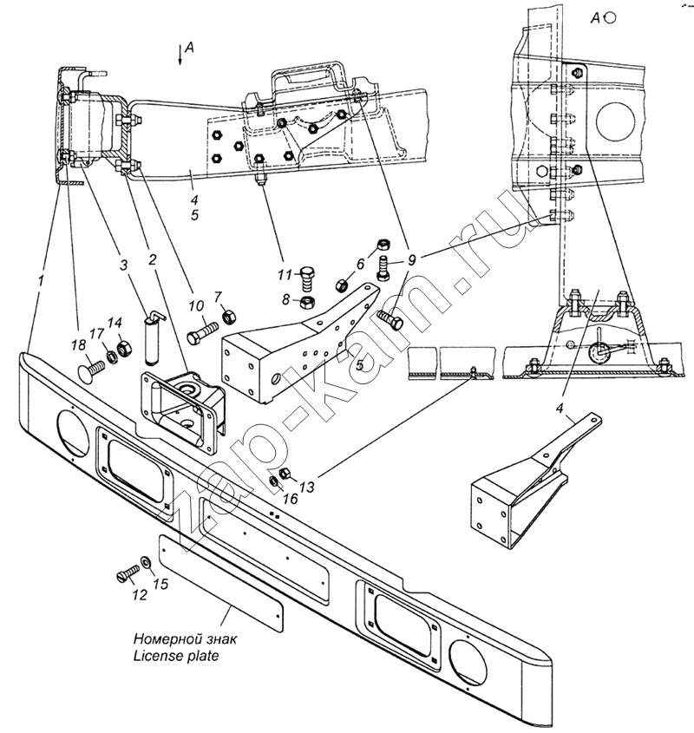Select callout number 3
(x=124, y=265)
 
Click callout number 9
(x=412, y=259)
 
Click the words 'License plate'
(x=175, y=657)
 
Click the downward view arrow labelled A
(x=180, y=54)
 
